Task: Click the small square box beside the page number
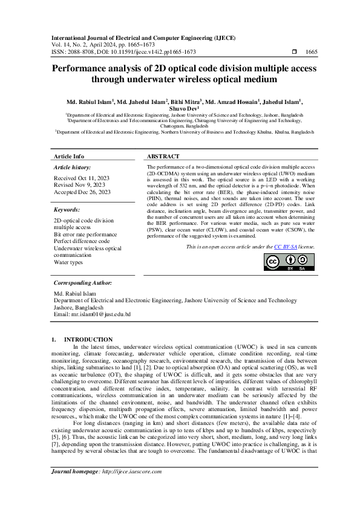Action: (294, 53)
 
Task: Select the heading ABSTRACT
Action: (163, 156)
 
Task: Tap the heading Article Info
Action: (70, 156)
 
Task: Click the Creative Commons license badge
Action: (289, 262)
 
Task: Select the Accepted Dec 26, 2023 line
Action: (82, 192)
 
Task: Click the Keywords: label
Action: (71, 210)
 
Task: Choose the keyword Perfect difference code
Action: (82, 241)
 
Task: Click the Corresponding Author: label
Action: (82, 283)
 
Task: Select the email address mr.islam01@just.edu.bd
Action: (92, 314)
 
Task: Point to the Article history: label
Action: (73, 166)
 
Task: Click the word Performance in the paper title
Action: (76, 69)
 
